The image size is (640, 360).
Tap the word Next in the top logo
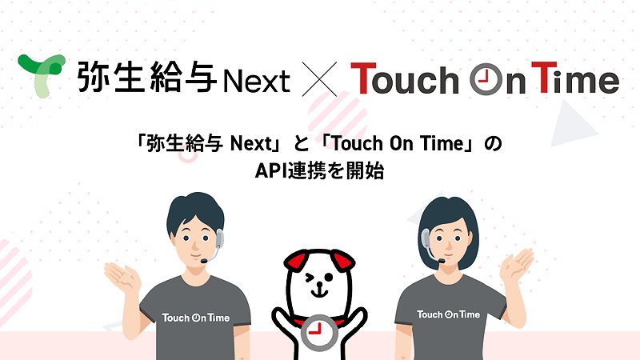pyautogui.click(x=257, y=81)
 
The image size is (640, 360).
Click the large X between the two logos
pyautogui.click(x=319, y=79)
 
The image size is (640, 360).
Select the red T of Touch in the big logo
pyautogui.click(x=363, y=78)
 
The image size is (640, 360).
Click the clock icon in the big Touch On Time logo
pyautogui.click(x=486, y=78)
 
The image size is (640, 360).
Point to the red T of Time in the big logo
pyautogui.click(x=544, y=77)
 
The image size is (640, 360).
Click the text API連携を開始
pyautogui.click(x=319, y=170)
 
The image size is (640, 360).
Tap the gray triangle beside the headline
pyautogui.click(x=572, y=124)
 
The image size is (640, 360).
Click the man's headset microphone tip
pyautogui.click(x=204, y=261)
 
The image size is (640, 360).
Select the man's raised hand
pyautogui.click(x=122, y=276)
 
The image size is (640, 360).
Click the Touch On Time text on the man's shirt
pyautogui.click(x=196, y=318)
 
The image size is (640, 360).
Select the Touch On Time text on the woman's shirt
pyautogui.click(x=448, y=314)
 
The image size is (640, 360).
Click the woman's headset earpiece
pyautogui.click(x=426, y=238)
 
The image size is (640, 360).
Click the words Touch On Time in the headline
pyautogui.click(x=398, y=144)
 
